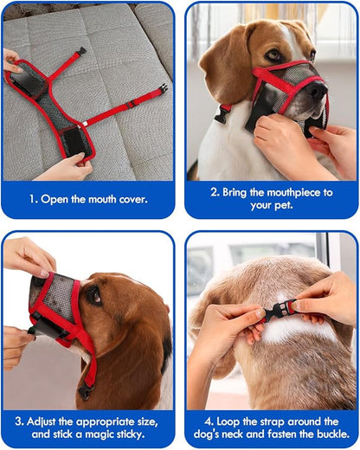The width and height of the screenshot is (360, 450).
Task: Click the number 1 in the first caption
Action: (x=31, y=198)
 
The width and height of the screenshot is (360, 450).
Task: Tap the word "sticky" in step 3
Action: (x=142, y=434)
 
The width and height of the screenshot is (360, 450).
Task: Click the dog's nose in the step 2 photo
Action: (x=317, y=89)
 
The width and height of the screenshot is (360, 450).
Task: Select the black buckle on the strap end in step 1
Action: (x=162, y=87)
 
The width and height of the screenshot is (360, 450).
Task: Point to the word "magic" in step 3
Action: (x=105, y=434)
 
